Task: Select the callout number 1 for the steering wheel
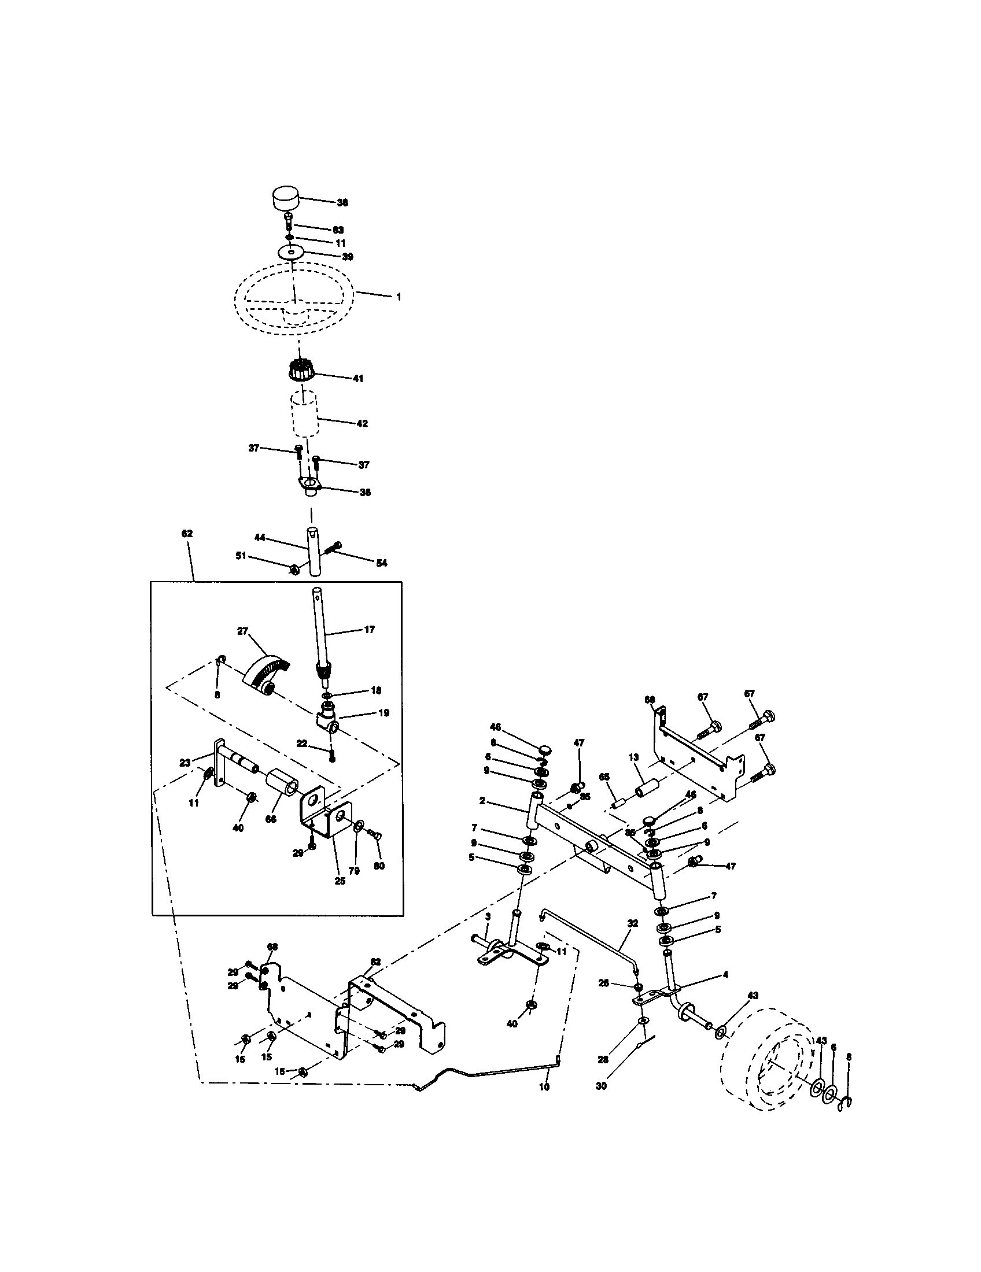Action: pyautogui.click(x=399, y=297)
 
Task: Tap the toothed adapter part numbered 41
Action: pyautogui.click(x=301, y=371)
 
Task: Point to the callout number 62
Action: pyautogui.click(x=187, y=534)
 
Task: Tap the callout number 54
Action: pyautogui.click(x=382, y=563)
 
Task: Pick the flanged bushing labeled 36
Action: pyautogui.click(x=309, y=485)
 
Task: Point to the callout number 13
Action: pyautogui.click(x=634, y=757)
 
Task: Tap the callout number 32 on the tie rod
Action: pyautogui.click(x=633, y=924)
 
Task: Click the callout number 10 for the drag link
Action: pyautogui.click(x=545, y=1103)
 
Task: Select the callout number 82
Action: pyautogui.click(x=376, y=961)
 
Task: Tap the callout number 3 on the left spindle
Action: pyautogui.click(x=488, y=916)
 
